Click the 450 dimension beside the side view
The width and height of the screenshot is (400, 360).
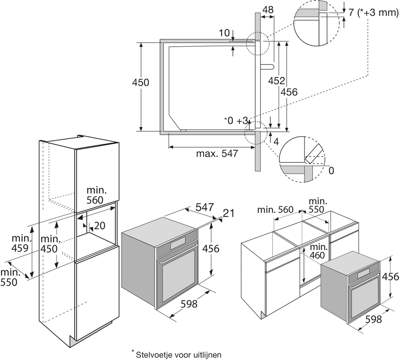click(x=140, y=82)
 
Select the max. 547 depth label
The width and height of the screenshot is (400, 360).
click(x=217, y=154)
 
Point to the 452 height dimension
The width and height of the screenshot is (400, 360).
click(x=276, y=81)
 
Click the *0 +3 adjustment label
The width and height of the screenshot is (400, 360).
click(x=236, y=121)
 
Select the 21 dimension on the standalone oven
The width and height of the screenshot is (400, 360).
click(x=228, y=214)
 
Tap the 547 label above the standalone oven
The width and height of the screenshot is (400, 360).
click(x=205, y=207)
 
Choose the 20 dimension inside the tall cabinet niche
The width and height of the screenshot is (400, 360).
click(x=100, y=226)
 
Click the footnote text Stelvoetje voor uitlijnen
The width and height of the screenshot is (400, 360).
click(x=176, y=354)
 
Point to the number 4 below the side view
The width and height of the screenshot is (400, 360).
click(x=276, y=142)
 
